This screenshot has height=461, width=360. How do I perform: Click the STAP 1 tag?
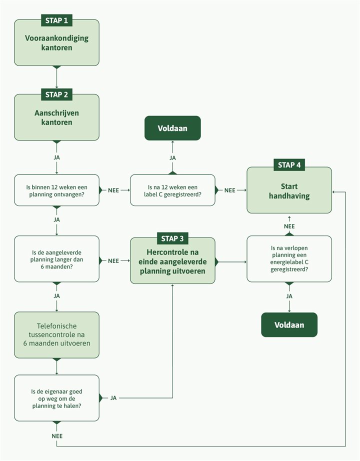[x=56, y=20]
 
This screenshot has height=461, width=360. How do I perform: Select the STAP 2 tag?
[x=56, y=94]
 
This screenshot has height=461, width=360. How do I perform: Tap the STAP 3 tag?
[x=172, y=238]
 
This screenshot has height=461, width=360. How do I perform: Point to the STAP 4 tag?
[x=289, y=165]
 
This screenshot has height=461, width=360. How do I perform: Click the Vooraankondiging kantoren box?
[x=56, y=43]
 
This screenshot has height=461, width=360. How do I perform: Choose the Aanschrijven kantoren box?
[x=56, y=118]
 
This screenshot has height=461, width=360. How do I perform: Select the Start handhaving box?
[x=289, y=191]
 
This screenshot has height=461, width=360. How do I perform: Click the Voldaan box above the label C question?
[x=172, y=128]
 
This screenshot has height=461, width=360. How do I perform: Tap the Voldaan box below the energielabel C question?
[x=289, y=325]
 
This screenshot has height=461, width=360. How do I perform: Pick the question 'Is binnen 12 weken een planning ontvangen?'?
[x=56, y=190]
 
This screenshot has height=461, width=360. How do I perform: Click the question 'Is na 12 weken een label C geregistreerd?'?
[x=172, y=190]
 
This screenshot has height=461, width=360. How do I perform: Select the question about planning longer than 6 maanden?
[x=56, y=259]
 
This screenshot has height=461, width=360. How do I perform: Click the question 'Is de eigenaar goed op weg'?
[x=56, y=398]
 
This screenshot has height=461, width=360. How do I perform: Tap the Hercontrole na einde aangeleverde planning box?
[x=172, y=261]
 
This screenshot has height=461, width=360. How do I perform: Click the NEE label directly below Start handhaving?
[x=289, y=226]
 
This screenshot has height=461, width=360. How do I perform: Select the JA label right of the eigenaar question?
[x=113, y=398]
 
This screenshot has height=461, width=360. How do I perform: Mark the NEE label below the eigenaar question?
[x=57, y=436]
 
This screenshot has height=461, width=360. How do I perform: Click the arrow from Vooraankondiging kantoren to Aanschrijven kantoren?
[x=56, y=77]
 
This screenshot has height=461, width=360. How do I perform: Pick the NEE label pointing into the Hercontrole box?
[x=113, y=260]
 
